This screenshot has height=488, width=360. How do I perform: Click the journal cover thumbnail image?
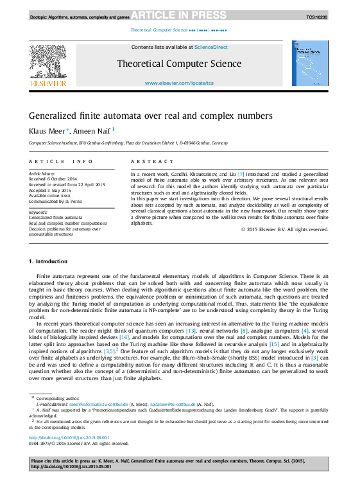tap(311, 64)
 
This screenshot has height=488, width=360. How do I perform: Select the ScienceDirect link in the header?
tap(211, 47)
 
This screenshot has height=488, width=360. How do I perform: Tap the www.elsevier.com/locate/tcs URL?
tap(179, 83)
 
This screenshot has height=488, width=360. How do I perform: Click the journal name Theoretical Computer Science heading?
tap(179, 64)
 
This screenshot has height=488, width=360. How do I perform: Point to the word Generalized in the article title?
tap(51, 116)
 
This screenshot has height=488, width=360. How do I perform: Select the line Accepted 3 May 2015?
tap(49, 189)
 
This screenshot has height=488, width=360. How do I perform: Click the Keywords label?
tap(39, 212)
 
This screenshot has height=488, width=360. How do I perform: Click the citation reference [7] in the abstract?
tap(241, 174)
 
